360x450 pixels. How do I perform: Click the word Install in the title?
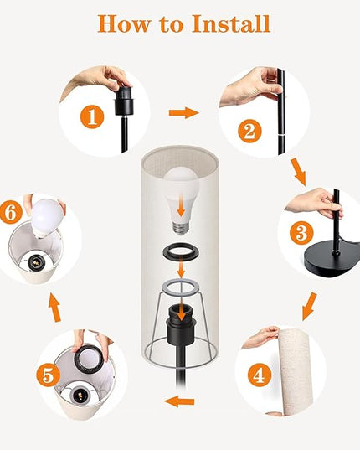click(x=231, y=23)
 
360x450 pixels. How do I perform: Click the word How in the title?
click(x=124, y=23)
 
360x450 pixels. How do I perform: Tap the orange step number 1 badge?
click(x=92, y=116)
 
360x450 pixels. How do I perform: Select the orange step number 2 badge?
click(x=249, y=132)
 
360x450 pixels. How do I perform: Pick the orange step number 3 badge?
click(x=301, y=233)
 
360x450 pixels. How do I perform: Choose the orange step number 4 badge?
click(x=260, y=375)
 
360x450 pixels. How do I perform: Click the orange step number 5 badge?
click(x=49, y=375)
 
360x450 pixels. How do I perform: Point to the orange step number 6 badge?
click(x=10, y=213)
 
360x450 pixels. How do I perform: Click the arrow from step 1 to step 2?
click(x=183, y=113)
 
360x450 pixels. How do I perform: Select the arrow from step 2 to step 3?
click(x=298, y=172)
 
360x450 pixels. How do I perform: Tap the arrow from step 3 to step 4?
click(x=310, y=306)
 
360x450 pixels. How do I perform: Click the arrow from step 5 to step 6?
click(x=54, y=307)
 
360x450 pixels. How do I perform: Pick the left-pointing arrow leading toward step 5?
click(x=180, y=401)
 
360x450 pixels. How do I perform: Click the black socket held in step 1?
click(x=123, y=101)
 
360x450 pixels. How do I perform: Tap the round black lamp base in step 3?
click(x=331, y=260)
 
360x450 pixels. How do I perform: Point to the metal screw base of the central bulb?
click(x=181, y=228)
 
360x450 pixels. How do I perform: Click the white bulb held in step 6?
click(x=47, y=217)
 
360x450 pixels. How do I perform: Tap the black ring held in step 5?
click(x=89, y=357)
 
